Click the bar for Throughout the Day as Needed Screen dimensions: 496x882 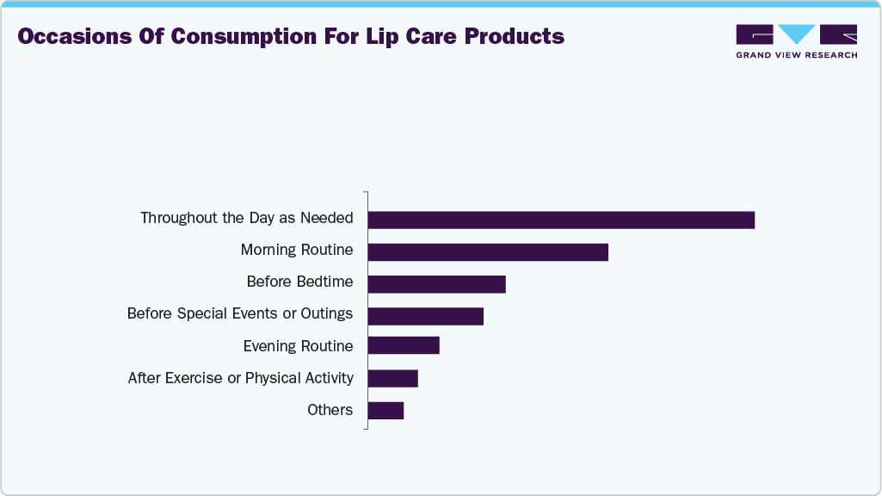tap(561, 220)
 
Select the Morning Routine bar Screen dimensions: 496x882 tap(488, 251)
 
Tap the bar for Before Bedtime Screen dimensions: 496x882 tap(436, 283)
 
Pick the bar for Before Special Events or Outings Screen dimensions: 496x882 tap(425, 315)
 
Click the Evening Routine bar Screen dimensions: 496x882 tap(404, 346)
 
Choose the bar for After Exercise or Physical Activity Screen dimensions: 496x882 tap(392, 378)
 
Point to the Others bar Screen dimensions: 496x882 tap(385, 410)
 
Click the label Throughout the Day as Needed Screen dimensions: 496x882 tap(247, 218)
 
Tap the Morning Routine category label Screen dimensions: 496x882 tap(297, 250)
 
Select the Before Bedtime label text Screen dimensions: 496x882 tap(299, 282)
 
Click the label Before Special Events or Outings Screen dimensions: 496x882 tap(240, 313)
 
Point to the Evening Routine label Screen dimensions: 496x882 tap(298, 345)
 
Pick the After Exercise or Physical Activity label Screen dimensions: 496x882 tap(241, 377)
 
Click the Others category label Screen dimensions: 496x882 tap(330, 409)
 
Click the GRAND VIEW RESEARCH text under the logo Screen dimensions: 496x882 tap(796, 55)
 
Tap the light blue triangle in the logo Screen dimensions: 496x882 tap(796, 34)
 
